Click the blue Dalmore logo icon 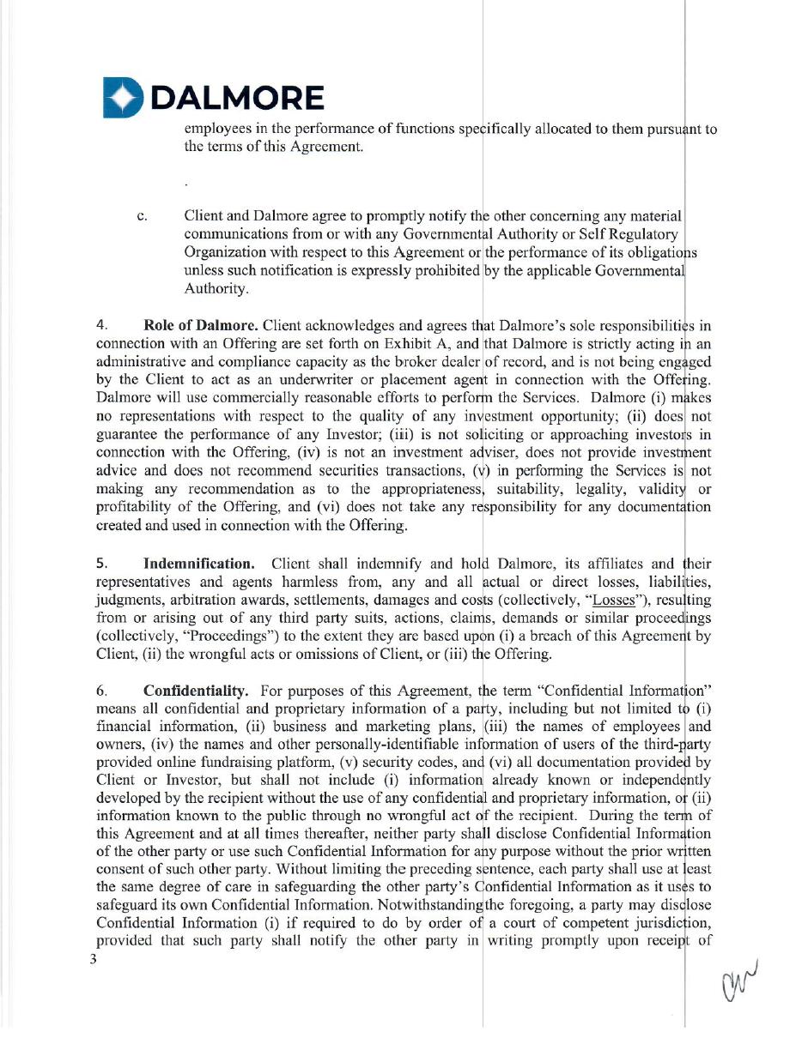123,96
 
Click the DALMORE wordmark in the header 238,99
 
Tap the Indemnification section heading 198,564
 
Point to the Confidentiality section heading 197,690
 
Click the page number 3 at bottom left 94,959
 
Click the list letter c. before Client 143,216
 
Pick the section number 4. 101,326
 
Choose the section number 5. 101,564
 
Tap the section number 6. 101,690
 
